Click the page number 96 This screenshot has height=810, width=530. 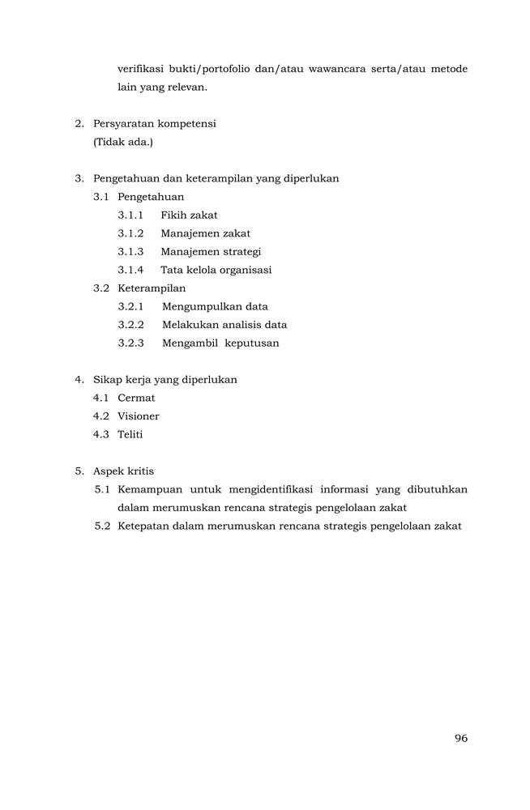[x=461, y=738]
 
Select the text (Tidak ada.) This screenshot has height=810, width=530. [x=123, y=143]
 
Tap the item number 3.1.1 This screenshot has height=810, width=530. [x=130, y=215]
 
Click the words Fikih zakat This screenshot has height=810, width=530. [x=189, y=215]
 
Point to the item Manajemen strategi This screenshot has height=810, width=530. [x=211, y=252]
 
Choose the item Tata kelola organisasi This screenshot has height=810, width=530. [x=216, y=270]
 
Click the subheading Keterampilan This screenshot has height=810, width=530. [x=152, y=288]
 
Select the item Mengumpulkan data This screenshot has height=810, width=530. [x=215, y=307]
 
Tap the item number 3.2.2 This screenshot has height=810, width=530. [x=130, y=325]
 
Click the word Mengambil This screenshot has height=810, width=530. [x=188, y=343]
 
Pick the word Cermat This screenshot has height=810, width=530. [x=136, y=398]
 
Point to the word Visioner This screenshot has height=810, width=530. [x=139, y=416]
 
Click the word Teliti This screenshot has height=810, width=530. [x=130, y=434]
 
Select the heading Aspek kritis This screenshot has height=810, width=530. [x=123, y=471]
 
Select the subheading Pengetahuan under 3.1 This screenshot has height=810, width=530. [x=151, y=197]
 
